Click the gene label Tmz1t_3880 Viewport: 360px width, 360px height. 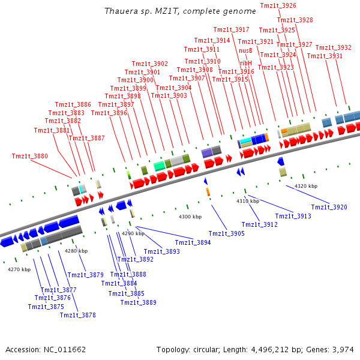tap(29, 156)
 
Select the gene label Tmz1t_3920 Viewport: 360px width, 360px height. tap(329, 207)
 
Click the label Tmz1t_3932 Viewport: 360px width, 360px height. tap(333, 47)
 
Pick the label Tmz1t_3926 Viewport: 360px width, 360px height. tap(278, 5)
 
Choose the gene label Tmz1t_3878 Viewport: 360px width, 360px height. tap(77, 315)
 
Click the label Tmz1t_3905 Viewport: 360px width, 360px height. tap(226, 233)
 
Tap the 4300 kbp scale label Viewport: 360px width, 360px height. tap(190, 216)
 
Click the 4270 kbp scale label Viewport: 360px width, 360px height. tap(19, 269)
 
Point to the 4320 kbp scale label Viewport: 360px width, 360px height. tap(306, 186)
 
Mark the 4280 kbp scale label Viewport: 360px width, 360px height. tap(76, 250)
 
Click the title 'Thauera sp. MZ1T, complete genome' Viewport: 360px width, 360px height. tap(172, 11)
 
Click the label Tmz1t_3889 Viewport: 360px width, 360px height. tap(138, 302)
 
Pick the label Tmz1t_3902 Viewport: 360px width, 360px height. tap(150, 64)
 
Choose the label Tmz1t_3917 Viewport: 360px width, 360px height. tap(231, 29)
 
